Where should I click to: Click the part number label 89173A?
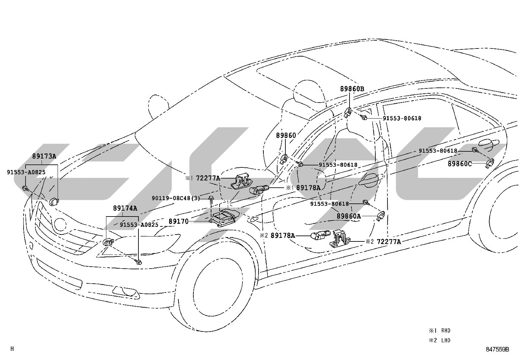(44, 156)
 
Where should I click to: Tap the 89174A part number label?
(125, 208)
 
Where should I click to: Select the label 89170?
(178, 221)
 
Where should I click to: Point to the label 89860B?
(352, 89)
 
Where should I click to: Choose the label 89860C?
(459, 164)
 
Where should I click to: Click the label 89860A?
(349, 216)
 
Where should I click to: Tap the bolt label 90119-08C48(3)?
(176, 198)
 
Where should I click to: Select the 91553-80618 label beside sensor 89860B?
(402, 118)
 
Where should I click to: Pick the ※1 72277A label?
(202, 179)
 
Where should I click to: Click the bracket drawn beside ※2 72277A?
(340, 239)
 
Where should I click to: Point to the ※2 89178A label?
(277, 236)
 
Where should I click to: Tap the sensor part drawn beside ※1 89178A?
(259, 189)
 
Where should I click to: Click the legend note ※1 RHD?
(440, 331)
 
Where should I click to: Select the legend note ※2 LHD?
(440, 340)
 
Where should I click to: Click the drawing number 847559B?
(497, 349)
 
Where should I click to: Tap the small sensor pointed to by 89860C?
(490, 163)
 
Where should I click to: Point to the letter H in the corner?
(12, 349)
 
